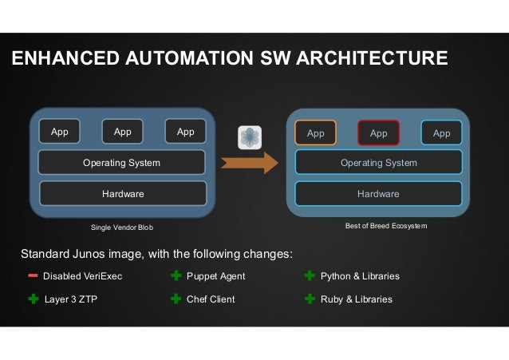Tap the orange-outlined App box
pyautogui.click(x=316, y=133)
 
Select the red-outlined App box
pyautogui.click(x=378, y=133)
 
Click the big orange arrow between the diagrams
pyautogui.click(x=250, y=162)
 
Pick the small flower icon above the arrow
pyautogui.click(x=249, y=136)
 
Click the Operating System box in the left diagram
pyautogui.click(x=122, y=163)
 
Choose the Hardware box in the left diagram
pyautogui.click(x=123, y=193)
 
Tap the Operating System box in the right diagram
pyautogui.click(x=379, y=163)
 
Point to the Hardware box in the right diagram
pyautogui.click(x=379, y=193)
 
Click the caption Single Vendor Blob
pyautogui.click(x=122, y=227)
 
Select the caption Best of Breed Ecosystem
pyautogui.click(x=386, y=227)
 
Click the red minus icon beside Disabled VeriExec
pyautogui.click(x=33, y=276)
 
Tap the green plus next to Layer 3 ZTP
pyautogui.click(x=33, y=299)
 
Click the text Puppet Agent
pyautogui.click(x=215, y=276)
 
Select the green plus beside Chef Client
pyautogui.click(x=176, y=299)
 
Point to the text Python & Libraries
pyautogui.click(x=360, y=276)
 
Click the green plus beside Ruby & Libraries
pyautogui.click(x=310, y=299)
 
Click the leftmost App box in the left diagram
pyautogui.click(x=59, y=132)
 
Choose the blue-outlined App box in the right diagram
pyautogui.click(x=441, y=133)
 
